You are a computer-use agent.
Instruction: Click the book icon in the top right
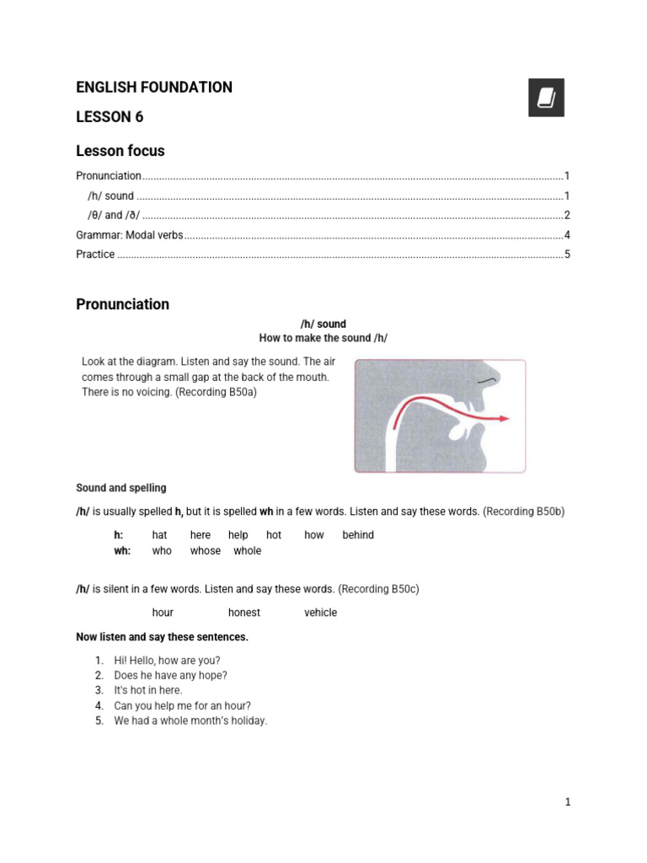[546, 97]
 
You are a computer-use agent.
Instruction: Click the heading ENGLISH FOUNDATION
[154, 88]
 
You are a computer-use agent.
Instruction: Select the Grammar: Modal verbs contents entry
[129, 235]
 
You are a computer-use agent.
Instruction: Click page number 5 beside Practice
[568, 255]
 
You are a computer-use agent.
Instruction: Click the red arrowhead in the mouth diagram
[503, 418]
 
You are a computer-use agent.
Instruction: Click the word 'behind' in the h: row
[358, 535]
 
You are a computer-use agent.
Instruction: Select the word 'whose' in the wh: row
[206, 551]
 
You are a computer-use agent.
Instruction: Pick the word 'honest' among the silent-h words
[244, 613]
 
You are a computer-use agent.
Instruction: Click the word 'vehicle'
[320, 613]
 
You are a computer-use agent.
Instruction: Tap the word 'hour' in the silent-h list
[163, 613]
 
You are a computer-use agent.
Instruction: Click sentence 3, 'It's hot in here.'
[148, 690]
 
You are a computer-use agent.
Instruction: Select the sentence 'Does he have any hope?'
[171, 675]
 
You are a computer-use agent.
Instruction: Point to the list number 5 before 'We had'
[99, 721]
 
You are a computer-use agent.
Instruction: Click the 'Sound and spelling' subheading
[121, 488]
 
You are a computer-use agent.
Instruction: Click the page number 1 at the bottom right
[568, 802]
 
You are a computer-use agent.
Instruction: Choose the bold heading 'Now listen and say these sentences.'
[163, 637]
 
